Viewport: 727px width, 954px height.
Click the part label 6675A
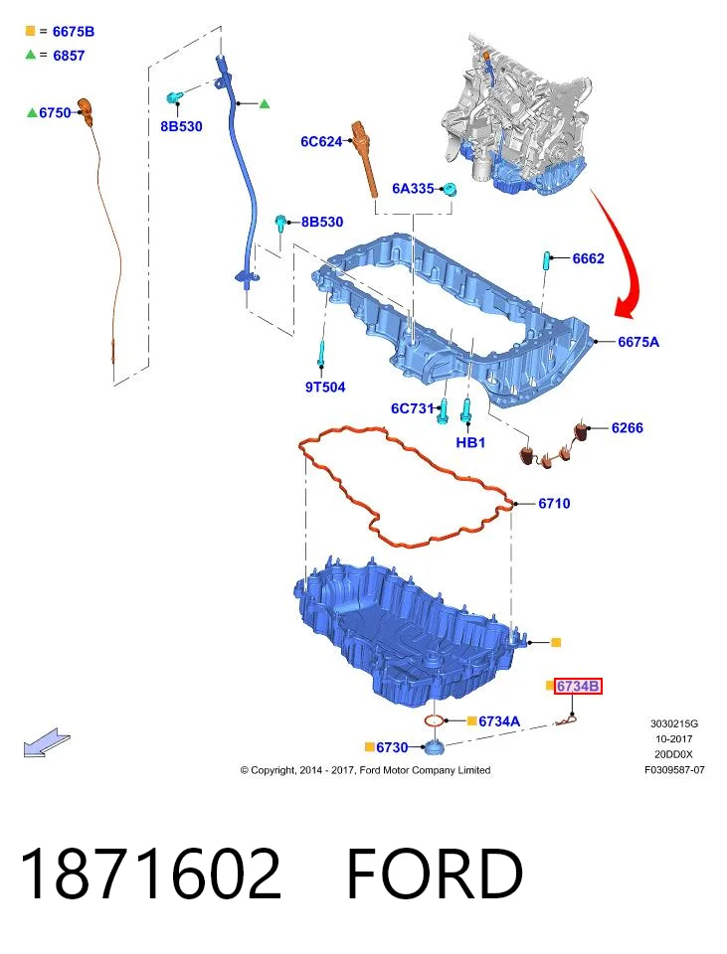point(638,342)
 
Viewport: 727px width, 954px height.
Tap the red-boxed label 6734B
point(578,687)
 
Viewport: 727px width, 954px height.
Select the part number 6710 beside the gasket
point(554,503)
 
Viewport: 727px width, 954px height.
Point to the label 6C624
point(321,142)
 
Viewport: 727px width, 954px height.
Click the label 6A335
point(413,189)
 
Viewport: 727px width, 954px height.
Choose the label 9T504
point(325,387)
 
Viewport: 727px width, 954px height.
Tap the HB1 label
point(470,442)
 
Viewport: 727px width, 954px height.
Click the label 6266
point(628,427)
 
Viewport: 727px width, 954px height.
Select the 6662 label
point(588,258)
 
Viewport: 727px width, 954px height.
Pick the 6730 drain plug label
point(392,746)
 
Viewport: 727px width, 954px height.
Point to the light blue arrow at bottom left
point(47,742)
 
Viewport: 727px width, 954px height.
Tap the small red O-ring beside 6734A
point(434,721)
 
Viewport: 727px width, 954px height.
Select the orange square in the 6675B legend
point(30,31)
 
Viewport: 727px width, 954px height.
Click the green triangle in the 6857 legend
point(30,55)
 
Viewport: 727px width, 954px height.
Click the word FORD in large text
point(435,874)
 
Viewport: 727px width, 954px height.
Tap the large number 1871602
point(151,874)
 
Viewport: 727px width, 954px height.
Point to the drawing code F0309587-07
point(674,769)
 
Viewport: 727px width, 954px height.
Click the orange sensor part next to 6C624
point(365,158)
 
